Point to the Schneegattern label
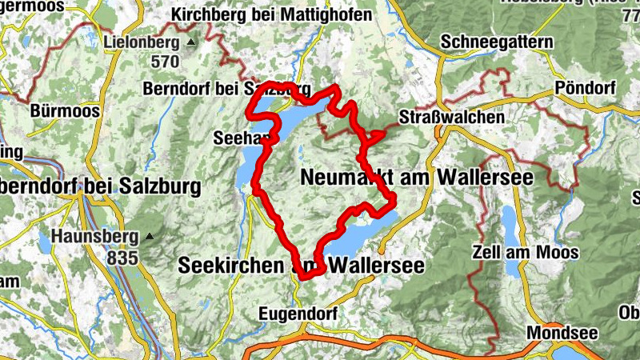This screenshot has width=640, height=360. pyautogui.click(x=496, y=41)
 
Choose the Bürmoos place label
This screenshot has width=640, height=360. pyautogui.click(x=64, y=111)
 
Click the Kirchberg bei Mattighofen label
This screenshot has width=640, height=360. pyautogui.click(x=272, y=15)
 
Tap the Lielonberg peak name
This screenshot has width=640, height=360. pyautogui.click(x=142, y=41)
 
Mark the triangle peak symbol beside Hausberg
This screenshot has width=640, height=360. pyautogui.click(x=149, y=237)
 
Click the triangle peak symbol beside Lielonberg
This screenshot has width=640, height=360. pyautogui.click(x=190, y=42)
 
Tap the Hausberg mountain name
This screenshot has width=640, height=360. pyautogui.click(x=91, y=237)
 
